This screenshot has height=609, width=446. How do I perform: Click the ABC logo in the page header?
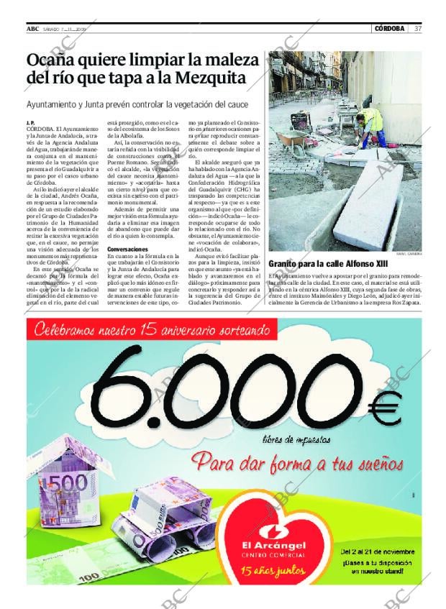coord(32,29)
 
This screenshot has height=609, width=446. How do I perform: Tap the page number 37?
coord(418,29)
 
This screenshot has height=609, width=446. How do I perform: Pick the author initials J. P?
coord(30,122)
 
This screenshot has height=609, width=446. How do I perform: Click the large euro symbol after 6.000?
coord(382,411)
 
